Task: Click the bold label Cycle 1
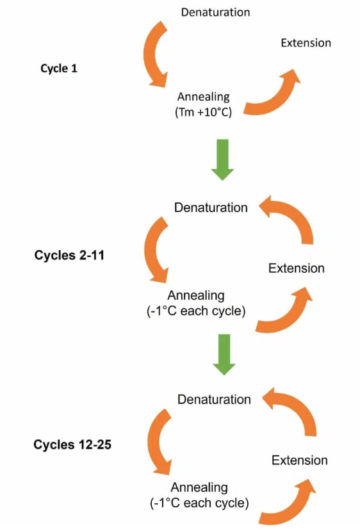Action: (x=59, y=69)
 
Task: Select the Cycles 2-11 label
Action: (x=69, y=255)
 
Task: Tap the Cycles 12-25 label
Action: (x=72, y=444)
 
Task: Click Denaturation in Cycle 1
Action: (x=216, y=12)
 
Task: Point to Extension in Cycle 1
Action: (x=306, y=43)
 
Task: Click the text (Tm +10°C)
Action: (x=204, y=112)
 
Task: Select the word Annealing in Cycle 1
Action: (x=204, y=97)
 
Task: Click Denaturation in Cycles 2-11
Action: (x=211, y=208)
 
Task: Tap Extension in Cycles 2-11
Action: (x=296, y=268)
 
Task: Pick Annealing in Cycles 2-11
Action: (x=196, y=295)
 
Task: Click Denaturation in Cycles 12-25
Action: (x=214, y=400)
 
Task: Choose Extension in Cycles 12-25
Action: (x=300, y=460)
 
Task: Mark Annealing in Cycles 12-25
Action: (x=199, y=487)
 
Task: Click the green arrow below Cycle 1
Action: (x=223, y=159)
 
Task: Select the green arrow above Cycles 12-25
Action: (x=224, y=354)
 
